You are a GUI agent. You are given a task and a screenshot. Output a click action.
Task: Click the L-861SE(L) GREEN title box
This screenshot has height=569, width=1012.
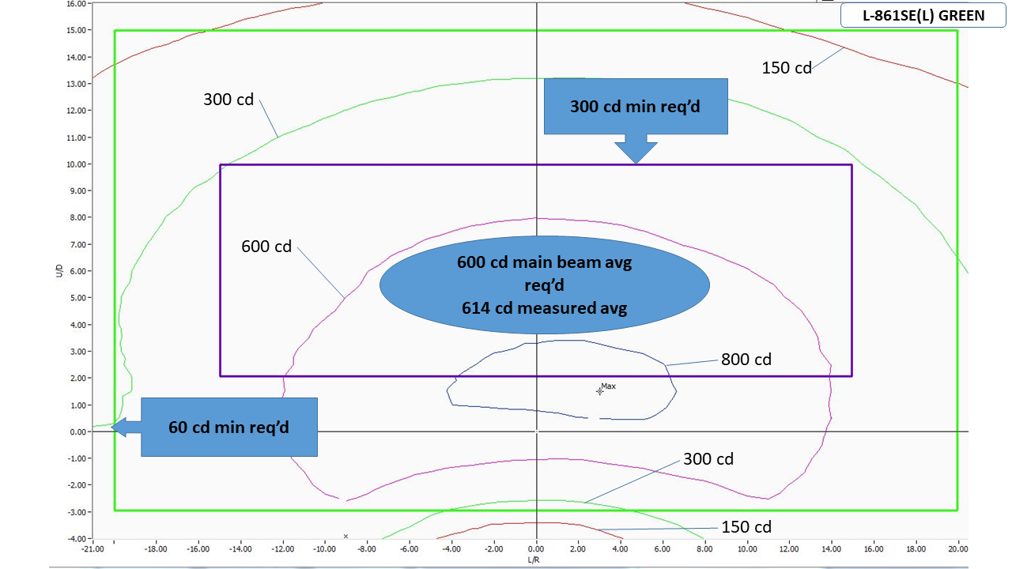(923, 15)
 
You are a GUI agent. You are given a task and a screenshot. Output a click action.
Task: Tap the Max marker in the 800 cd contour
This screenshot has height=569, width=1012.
(599, 391)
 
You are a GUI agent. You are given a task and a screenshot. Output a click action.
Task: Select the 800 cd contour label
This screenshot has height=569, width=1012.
(746, 360)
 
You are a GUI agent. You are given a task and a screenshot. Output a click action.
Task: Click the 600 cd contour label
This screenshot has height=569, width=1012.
(266, 247)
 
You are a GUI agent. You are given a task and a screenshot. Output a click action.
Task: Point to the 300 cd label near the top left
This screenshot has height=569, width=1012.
(228, 100)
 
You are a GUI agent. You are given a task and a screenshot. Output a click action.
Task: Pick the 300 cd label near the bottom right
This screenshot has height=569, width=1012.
(708, 459)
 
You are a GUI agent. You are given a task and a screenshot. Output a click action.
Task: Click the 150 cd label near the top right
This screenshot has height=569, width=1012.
(787, 68)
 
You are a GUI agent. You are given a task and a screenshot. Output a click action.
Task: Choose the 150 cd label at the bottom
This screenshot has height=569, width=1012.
(746, 527)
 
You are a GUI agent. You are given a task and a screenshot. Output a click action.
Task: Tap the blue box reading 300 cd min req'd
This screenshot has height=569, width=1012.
(636, 106)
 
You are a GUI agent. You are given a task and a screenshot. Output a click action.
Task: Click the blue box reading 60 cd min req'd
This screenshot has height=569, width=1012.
(229, 428)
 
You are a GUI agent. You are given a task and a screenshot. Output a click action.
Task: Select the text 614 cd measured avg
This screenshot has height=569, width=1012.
(545, 308)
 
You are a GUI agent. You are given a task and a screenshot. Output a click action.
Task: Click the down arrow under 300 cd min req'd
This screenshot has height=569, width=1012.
(636, 149)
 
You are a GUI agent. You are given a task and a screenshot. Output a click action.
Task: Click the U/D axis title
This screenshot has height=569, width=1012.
(59, 271)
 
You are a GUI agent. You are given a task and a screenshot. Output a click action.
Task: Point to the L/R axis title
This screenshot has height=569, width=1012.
(534, 560)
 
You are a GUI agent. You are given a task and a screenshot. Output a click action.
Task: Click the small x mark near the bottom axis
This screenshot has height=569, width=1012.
(346, 537)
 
